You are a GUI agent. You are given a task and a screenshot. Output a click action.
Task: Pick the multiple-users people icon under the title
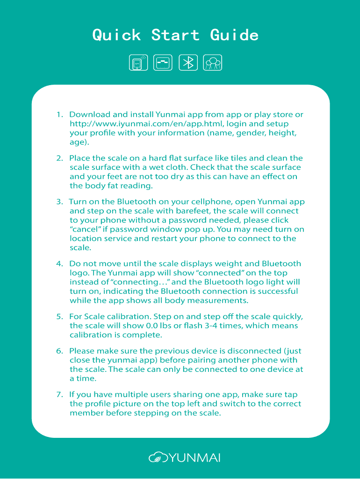coord(213,63)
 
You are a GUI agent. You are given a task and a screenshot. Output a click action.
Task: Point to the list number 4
coord(59,264)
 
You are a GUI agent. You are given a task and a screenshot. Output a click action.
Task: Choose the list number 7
coord(59,394)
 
